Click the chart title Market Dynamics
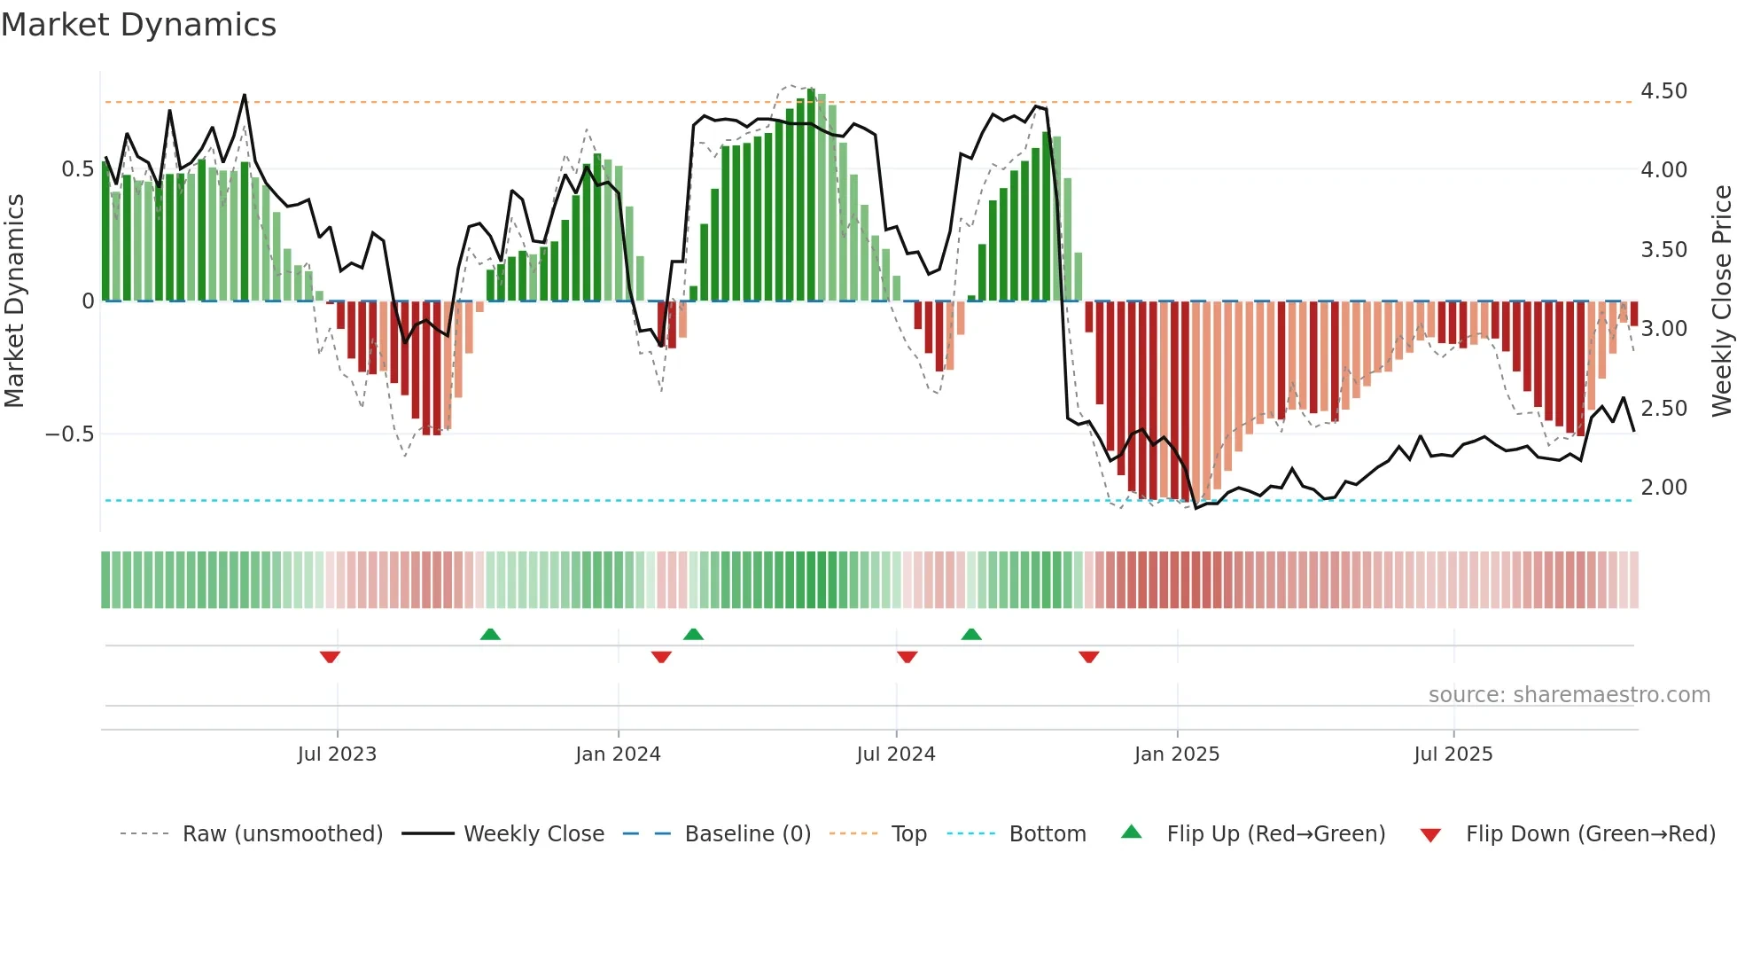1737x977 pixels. pos(138,25)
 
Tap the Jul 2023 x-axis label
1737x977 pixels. pos(337,754)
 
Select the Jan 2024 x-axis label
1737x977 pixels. pos(618,754)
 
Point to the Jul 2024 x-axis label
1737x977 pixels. pos(895,754)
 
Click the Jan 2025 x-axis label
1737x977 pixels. pos(1176,754)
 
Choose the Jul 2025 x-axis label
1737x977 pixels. pos(1453,754)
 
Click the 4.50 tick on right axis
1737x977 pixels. pos(1663,91)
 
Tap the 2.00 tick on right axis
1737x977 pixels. pos(1663,488)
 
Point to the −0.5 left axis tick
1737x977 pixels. pos(69,434)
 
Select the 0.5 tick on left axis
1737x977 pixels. pos(77,169)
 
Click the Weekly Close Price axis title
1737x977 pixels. pos(1721,301)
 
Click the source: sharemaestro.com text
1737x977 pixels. pos(1569,695)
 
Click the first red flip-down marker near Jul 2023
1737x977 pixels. pos(330,657)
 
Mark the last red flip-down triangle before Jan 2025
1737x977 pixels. pos(1088,657)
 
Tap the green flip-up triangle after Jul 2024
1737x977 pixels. pos(971,634)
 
